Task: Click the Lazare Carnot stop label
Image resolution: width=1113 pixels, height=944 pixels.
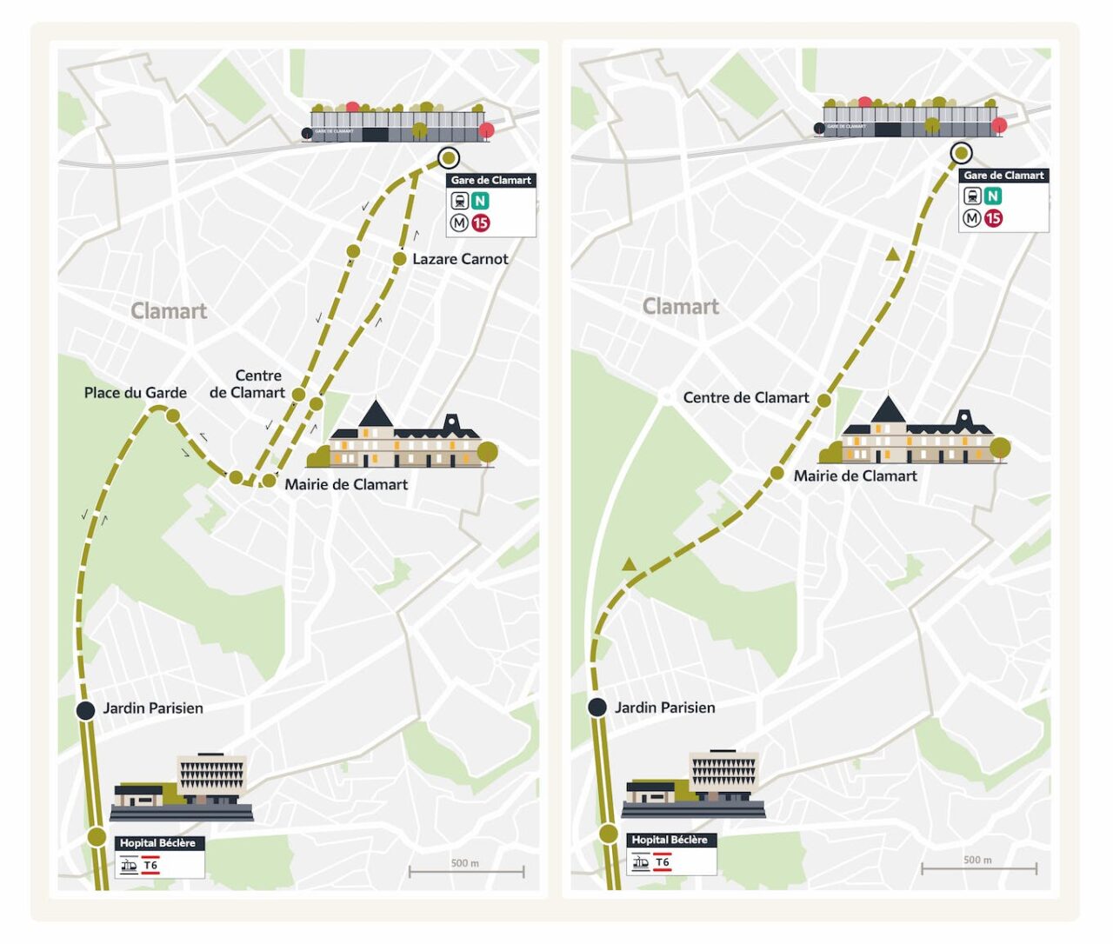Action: tap(460, 259)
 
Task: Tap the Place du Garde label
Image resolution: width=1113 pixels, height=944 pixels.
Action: tap(135, 393)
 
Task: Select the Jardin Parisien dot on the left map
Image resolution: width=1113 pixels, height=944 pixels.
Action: tap(85, 710)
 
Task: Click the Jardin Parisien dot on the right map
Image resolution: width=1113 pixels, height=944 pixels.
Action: tap(597, 707)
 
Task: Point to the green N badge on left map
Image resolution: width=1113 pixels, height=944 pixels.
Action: tap(479, 201)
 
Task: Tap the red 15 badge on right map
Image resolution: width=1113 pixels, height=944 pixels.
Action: tap(993, 218)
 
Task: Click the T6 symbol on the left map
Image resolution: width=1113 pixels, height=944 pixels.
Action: tap(150, 866)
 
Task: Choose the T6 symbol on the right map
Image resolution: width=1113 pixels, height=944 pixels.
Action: tap(663, 862)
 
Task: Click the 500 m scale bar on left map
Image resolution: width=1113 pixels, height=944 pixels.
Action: tap(466, 870)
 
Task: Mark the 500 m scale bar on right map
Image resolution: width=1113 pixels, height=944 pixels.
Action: tap(978, 867)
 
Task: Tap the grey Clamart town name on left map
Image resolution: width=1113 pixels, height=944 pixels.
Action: tap(169, 311)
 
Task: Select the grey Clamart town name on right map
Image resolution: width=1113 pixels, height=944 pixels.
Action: tap(681, 307)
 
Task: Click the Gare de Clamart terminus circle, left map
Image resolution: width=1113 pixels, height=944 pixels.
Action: tap(448, 157)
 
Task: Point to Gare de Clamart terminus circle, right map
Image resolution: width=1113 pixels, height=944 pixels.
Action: tap(961, 153)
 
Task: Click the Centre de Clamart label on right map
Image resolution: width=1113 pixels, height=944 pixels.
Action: tap(746, 398)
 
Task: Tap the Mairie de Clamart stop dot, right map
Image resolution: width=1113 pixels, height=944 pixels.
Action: tap(777, 474)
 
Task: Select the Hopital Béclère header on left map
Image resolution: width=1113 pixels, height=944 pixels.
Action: tap(157, 843)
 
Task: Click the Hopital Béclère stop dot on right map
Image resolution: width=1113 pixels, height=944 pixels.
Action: tap(609, 834)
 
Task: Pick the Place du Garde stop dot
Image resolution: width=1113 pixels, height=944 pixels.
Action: tap(173, 416)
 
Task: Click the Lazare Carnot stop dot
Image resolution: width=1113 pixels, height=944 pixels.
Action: tap(399, 258)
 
